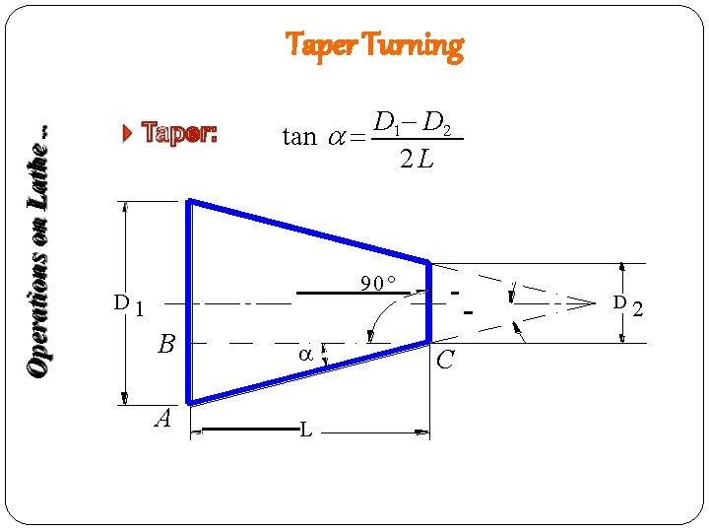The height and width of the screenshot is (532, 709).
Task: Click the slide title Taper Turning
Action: (373, 45)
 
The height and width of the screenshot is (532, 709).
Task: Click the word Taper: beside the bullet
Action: (178, 134)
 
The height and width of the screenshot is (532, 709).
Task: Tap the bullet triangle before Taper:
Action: (127, 134)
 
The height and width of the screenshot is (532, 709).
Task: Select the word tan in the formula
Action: (299, 137)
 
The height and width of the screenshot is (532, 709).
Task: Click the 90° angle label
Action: (377, 284)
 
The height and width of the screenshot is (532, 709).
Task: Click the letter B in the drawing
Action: (166, 345)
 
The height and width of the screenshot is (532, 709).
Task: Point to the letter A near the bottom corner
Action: (162, 419)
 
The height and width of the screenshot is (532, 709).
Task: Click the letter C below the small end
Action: (445, 360)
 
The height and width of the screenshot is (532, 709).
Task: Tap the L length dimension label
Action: (307, 431)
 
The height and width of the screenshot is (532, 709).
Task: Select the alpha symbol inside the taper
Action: (306, 354)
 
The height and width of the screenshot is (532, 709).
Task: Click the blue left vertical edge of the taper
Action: (189, 301)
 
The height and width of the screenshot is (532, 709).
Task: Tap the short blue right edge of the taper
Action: (429, 301)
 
